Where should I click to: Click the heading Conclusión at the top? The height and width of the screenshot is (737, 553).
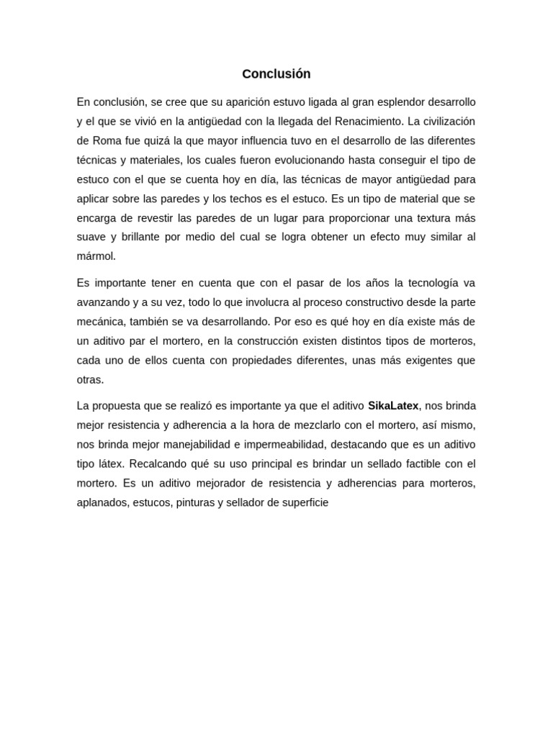pos(276,74)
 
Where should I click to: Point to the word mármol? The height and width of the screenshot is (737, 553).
pos(96,256)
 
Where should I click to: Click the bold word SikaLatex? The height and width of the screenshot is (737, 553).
pos(393,406)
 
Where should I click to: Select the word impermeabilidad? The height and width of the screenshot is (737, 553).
pos(283,445)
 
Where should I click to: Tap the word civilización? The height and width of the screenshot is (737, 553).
pos(442,122)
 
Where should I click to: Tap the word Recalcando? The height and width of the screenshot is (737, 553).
pos(157,464)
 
